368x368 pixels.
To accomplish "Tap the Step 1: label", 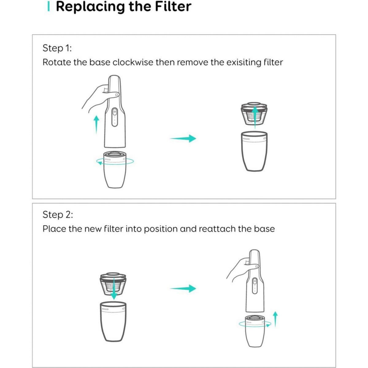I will coord(57,48).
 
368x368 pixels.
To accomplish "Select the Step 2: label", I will coord(58,215).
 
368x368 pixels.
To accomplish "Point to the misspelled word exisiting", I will coord(243,62).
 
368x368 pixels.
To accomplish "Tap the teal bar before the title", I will coord(48,7).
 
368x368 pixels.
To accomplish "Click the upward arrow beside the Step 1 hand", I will coord(97,124).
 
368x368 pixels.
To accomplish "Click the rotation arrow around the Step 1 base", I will coord(115,162).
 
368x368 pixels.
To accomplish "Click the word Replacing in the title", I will coord(90,7).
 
